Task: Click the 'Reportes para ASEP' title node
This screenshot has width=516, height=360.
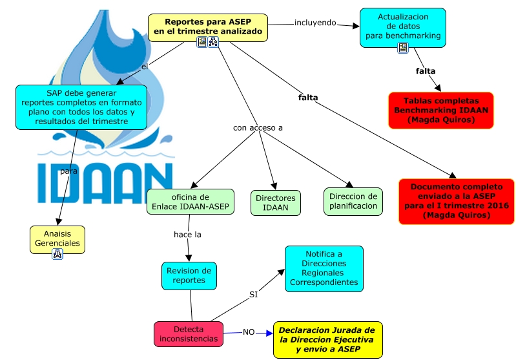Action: coord(208,26)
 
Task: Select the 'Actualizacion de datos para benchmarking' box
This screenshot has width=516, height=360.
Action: coord(402,26)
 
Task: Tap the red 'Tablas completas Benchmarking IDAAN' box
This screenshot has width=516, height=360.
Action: coord(441,110)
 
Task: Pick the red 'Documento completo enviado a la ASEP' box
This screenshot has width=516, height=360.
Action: coord(456,201)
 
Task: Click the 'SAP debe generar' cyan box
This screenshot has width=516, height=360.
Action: coord(81,107)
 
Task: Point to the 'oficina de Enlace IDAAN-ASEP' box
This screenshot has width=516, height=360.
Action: coord(189,202)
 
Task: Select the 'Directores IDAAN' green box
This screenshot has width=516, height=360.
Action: coord(275,202)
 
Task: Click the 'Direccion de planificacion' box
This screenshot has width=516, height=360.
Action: coord(353,201)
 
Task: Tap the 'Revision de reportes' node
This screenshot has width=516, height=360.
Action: coord(189,275)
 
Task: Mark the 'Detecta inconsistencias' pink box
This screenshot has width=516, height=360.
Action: coord(188,333)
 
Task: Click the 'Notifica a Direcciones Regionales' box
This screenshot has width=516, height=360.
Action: coord(324,268)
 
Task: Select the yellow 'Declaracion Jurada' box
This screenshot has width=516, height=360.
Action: coord(327,339)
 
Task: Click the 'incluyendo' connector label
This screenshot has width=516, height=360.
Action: coord(315,23)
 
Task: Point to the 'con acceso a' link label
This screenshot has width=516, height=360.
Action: coord(258,127)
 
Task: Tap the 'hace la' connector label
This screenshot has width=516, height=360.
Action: coord(187,235)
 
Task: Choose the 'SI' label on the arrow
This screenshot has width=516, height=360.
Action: coord(254,295)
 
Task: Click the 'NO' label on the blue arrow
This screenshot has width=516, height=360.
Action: coord(249,332)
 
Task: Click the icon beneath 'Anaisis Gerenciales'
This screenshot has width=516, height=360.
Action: coord(57,254)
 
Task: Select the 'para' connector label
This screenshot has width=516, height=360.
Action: coord(68,172)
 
